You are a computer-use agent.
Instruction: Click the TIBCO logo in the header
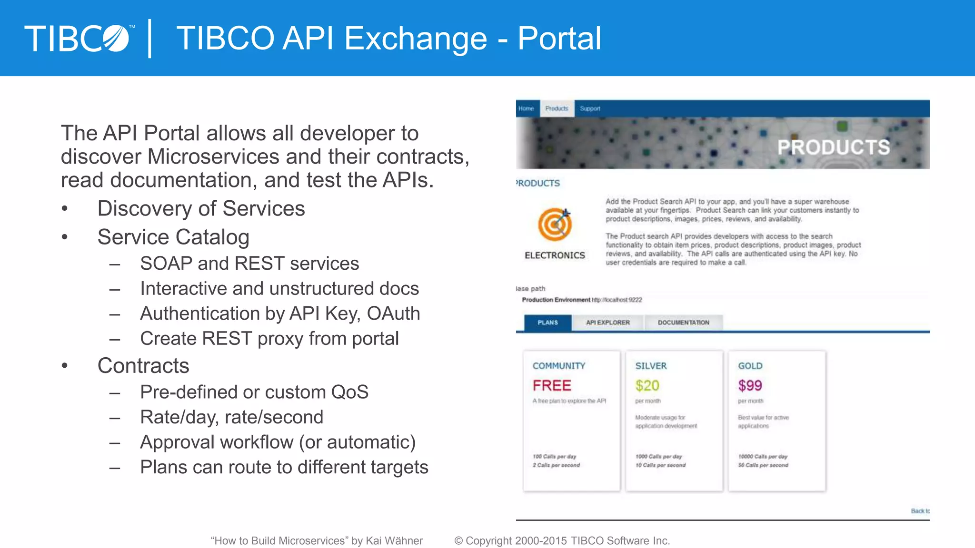coord(79,38)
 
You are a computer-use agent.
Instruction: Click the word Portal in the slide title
coord(559,38)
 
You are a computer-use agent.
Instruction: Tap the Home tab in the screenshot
coord(526,108)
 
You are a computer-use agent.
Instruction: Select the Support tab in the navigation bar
coord(590,108)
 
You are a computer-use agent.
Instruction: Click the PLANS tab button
coord(547,323)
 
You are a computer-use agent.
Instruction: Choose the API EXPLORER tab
coord(607,323)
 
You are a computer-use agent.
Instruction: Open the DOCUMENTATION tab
coord(683,323)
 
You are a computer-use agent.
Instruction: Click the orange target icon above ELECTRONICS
coord(555,224)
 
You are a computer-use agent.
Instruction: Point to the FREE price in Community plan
coord(552,385)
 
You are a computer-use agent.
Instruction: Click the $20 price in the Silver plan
coord(647,385)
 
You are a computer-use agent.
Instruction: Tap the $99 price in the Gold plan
coord(750,385)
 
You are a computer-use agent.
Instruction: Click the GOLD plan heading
coord(750,366)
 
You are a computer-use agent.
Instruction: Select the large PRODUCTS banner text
coord(833,147)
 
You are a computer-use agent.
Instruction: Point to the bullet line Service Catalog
coord(173,237)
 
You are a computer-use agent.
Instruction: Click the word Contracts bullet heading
coord(143,365)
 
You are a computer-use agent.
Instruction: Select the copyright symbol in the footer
coord(458,541)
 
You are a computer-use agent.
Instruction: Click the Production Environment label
coord(556,300)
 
